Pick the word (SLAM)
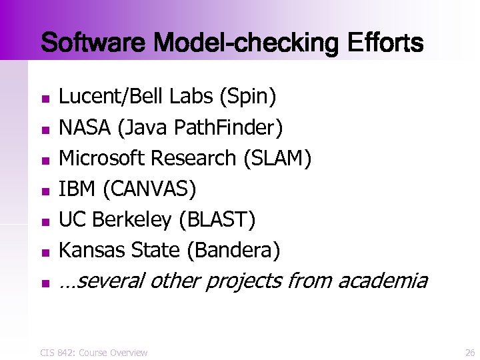click(x=277, y=159)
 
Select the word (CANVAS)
click(x=147, y=189)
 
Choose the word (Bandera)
click(x=233, y=251)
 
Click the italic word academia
click(x=382, y=281)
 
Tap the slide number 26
click(x=469, y=352)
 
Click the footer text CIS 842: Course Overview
click(x=93, y=352)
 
